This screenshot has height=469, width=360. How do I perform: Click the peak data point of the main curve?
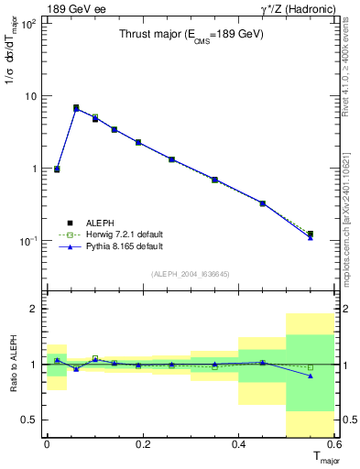point(76,108)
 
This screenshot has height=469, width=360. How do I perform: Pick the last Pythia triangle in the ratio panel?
point(311,376)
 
